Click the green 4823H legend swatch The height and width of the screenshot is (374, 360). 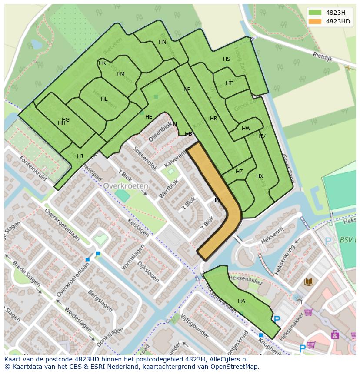click(x=315, y=12)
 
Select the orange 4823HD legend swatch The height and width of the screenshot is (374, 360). click(x=315, y=21)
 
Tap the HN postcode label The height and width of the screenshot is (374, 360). click(x=163, y=42)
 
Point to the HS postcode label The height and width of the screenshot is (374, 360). click(x=227, y=59)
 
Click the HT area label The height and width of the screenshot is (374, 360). click(x=229, y=83)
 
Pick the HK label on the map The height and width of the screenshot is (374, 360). click(x=102, y=63)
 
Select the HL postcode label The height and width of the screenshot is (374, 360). click(x=104, y=99)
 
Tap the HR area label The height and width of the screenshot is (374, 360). click(x=213, y=119)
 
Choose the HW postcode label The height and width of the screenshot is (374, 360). click(x=246, y=129)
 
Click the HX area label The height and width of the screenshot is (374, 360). click(x=260, y=176)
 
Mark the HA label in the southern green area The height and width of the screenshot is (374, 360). click(x=241, y=301)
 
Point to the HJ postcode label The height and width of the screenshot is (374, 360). click(x=80, y=156)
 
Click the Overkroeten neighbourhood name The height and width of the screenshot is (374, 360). click(x=126, y=185)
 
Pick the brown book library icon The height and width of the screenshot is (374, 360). click(x=309, y=282)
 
